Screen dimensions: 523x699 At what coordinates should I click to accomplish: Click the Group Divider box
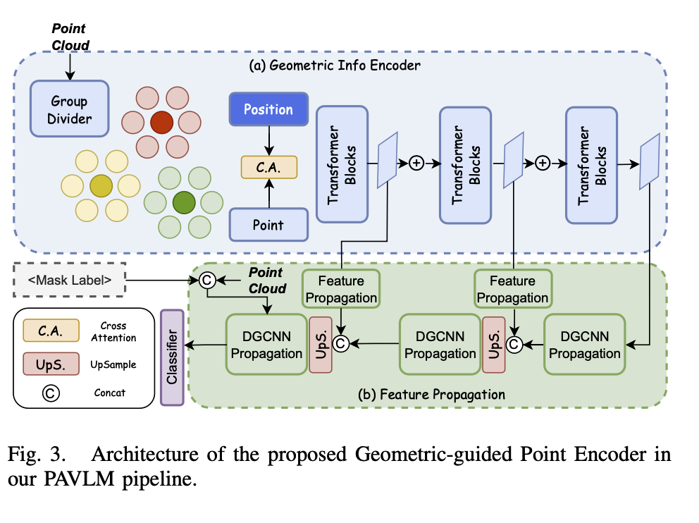tap(70, 109)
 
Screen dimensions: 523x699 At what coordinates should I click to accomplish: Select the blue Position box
tap(268, 110)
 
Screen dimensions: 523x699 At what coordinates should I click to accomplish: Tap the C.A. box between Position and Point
tap(268, 166)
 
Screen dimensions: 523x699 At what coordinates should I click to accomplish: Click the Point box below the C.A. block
tap(268, 225)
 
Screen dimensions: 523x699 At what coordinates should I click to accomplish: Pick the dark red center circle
tap(161, 123)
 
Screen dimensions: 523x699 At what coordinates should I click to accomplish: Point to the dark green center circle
tap(184, 202)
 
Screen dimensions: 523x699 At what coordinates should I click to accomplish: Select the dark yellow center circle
tap(101, 185)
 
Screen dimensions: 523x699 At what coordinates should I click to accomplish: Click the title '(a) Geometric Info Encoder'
tap(335, 66)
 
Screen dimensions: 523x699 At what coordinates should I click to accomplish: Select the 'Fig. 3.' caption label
tap(38, 455)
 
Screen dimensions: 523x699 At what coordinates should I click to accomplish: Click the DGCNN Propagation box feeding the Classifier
tap(265, 344)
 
